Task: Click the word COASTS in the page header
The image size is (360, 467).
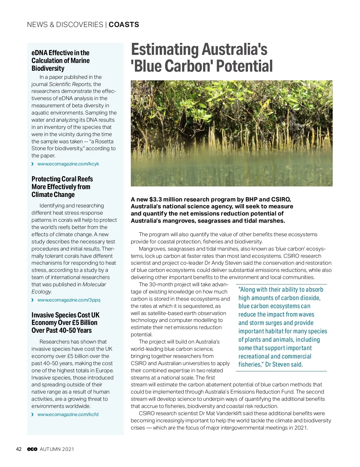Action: point(124,25)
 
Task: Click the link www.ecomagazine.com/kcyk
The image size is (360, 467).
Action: point(68,164)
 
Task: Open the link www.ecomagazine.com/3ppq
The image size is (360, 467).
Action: point(69,300)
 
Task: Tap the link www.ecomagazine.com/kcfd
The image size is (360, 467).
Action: point(68,415)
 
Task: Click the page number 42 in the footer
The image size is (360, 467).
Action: point(19,449)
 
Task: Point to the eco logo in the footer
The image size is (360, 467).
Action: point(32,449)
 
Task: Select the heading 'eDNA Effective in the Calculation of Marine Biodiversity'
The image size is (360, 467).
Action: point(61,61)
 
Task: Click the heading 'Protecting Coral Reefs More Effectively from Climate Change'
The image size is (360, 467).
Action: point(62,187)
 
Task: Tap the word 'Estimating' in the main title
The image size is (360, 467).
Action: point(165,49)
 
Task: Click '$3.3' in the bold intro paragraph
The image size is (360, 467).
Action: point(155,200)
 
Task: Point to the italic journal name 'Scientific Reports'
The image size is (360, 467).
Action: point(70,84)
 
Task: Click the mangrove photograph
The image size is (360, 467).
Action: point(232,133)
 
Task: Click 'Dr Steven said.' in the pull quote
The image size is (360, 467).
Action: point(284,364)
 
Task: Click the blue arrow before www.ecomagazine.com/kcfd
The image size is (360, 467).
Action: point(32,415)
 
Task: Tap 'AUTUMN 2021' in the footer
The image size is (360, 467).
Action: point(57,449)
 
